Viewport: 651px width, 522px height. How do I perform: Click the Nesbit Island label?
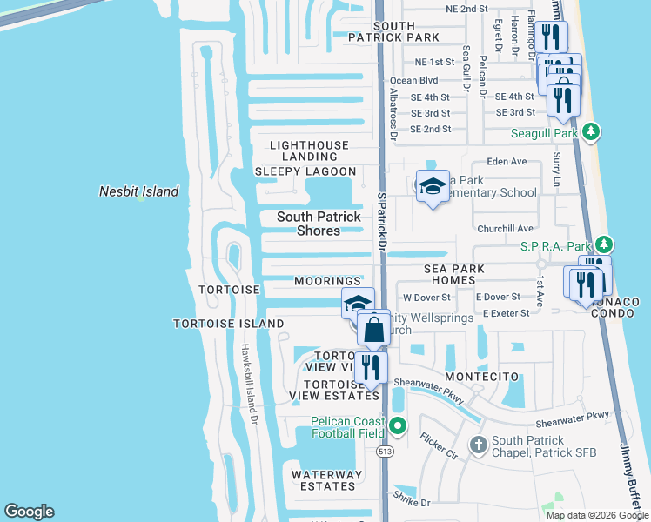pyautogui.click(x=138, y=191)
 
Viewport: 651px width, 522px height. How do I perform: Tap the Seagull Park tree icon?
pyautogui.click(x=592, y=132)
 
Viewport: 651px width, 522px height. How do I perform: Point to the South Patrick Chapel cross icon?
pyautogui.click(x=478, y=445)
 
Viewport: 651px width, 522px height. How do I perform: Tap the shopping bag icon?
pyautogui.click(x=373, y=331)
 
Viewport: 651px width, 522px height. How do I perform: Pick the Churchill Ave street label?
pyautogui.click(x=506, y=228)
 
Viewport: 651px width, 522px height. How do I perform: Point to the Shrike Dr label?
pyautogui.click(x=413, y=503)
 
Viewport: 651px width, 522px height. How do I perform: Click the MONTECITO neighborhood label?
pyautogui.click(x=482, y=376)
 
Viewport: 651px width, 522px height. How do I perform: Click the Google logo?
pyautogui.click(x=29, y=512)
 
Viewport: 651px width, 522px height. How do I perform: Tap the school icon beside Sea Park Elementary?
pyautogui.click(x=433, y=186)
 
